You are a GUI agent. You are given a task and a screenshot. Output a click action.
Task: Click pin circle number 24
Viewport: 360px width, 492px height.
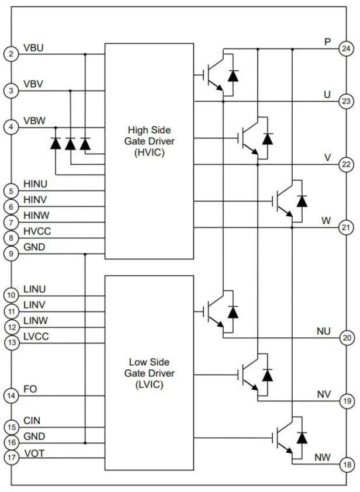346,48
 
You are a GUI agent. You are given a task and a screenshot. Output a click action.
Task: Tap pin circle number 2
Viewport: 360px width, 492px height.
11,54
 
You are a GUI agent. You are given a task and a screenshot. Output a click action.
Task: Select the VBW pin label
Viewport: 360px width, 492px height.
34,121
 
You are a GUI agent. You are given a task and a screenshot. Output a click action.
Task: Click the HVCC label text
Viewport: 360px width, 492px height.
37,231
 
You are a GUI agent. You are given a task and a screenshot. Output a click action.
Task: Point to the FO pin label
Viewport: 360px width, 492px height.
30,389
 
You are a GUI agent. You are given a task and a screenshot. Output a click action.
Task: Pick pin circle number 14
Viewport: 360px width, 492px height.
11,396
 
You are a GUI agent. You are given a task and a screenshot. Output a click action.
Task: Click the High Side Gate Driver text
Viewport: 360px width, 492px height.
149,141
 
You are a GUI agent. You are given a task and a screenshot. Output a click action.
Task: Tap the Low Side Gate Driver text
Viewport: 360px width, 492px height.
149,373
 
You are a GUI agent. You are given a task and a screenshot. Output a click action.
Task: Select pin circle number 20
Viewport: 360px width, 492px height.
347,338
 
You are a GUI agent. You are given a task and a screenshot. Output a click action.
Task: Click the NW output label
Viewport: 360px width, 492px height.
323,458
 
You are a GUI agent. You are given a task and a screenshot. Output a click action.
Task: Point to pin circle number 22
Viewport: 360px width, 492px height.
346,164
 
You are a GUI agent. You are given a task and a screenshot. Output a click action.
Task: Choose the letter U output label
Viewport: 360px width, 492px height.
327,95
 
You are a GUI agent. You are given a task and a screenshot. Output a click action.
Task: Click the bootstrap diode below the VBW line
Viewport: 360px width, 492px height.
56,143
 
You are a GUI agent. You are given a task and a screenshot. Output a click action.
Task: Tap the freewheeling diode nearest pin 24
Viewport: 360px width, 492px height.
233,75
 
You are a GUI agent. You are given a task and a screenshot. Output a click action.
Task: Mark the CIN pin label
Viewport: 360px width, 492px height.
32,421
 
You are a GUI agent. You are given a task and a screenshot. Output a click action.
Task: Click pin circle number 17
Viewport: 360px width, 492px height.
11,458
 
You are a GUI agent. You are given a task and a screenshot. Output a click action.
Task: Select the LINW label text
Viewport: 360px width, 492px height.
36,321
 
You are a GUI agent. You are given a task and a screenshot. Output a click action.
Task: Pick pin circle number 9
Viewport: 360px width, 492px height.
11,254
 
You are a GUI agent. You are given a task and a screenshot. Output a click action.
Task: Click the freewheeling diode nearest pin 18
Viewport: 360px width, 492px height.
302,438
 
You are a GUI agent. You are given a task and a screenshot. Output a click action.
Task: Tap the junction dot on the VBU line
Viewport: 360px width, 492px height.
85,54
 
